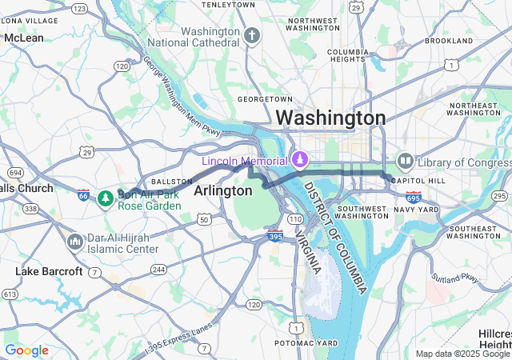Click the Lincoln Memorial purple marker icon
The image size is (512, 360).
click(300, 160)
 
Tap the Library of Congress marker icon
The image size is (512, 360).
click(404, 162)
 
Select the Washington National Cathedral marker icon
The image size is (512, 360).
click(253, 36)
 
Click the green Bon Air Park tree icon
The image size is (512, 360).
click(104, 198)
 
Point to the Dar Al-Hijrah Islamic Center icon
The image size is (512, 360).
click(74, 241)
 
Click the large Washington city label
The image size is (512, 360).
click(330, 118)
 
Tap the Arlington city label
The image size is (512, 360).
click(222, 190)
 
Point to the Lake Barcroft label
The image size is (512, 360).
click(49, 272)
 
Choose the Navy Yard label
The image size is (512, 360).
click(421, 210)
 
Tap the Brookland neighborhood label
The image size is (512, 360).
click(449, 40)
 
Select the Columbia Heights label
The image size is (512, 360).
click(347, 57)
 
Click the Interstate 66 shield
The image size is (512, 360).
click(84, 194)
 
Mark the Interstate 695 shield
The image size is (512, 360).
click(413, 197)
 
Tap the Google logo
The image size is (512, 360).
click(26, 350)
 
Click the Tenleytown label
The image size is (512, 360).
click(228, 5)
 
